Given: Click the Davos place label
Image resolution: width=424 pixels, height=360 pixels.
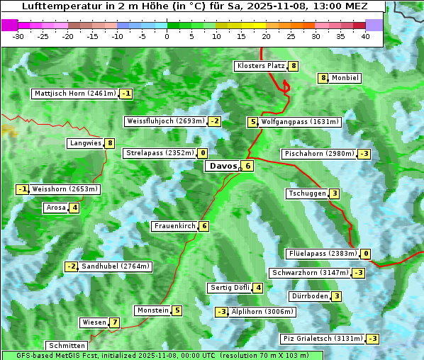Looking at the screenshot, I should coord(223,167).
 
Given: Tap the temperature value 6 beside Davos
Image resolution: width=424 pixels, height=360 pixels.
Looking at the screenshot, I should coord(247,167).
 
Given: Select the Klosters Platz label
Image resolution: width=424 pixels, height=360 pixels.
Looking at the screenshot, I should coord(261,66).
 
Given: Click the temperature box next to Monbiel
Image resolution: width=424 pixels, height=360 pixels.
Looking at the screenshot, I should coord(323,78).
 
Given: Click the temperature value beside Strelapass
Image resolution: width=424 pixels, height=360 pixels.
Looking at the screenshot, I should coord(203,153).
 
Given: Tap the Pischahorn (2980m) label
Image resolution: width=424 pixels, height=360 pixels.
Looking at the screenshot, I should coord(318,154).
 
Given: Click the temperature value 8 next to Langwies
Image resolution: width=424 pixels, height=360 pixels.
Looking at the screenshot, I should coord(110,143).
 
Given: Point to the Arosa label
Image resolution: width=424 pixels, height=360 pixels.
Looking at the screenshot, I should coord(56,208).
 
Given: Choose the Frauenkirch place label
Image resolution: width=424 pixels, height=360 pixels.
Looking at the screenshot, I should coord(174,226).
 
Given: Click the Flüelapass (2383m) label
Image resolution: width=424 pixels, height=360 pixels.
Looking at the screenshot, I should coord(322,254).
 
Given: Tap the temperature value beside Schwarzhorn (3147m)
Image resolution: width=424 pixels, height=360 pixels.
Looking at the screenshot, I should coord(359,273).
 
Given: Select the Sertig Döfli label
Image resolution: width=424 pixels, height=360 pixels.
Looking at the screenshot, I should coord(230,288).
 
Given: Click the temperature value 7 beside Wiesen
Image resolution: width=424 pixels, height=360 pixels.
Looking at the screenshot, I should coord(114,322).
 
